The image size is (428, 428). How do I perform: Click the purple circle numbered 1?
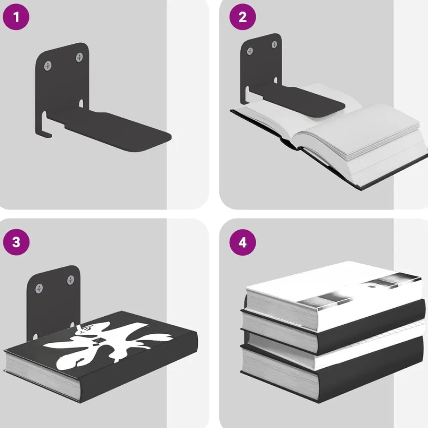pyautogui.click(x=16, y=17)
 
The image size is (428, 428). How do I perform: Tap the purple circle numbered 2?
pyautogui.click(x=243, y=17)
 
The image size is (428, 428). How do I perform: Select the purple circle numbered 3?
pyautogui.click(x=16, y=242)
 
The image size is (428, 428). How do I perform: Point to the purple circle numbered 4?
pyautogui.click(x=243, y=242)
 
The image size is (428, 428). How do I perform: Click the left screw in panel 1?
pyautogui.click(x=48, y=65)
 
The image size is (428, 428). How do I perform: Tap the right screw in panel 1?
pyautogui.click(x=80, y=57)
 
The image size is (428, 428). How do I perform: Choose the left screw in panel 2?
pyautogui.click(x=250, y=51)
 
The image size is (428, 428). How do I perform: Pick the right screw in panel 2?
pyautogui.click(x=274, y=45)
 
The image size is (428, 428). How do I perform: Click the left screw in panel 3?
pyautogui.click(x=39, y=288)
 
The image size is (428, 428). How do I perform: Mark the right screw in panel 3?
pyautogui.click(x=71, y=280)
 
